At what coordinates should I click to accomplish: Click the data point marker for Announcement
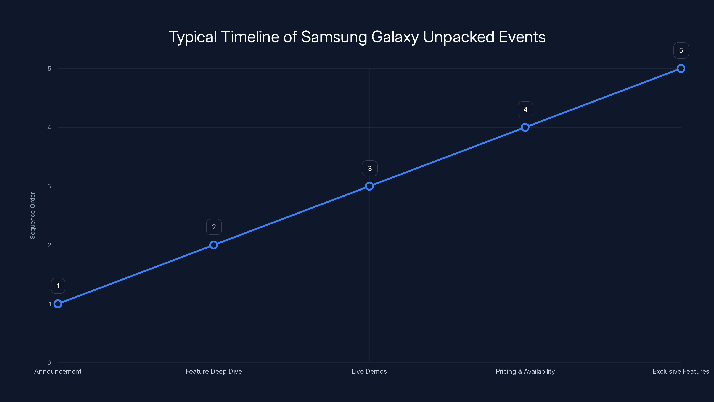pos(58,304)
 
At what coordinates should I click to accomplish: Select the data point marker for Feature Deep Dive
pos(214,245)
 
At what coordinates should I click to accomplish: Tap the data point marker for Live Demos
pos(369,186)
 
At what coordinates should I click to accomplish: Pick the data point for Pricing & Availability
pos(525,127)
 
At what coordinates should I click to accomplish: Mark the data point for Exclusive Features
pos(681,69)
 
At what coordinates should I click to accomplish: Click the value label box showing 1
pos(58,286)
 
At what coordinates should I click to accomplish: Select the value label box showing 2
pos(214,227)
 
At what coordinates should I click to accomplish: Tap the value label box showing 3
pos(369,168)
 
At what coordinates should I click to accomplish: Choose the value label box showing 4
pos(525,110)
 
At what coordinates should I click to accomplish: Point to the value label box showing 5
pos(681,50)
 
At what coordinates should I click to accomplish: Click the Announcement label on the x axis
pos(58,371)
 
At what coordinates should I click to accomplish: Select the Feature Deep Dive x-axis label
pos(214,371)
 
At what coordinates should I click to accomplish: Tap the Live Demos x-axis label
pos(369,371)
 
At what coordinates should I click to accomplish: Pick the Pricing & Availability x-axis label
pos(525,371)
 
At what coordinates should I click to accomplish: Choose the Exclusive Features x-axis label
pos(681,371)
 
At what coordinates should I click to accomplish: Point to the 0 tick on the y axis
pos(49,363)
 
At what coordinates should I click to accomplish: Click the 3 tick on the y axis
pos(49,186)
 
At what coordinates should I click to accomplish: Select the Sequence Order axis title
pos(33,215)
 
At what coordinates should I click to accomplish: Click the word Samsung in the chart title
pos(334,37)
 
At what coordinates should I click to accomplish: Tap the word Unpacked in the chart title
pos(459,37)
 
